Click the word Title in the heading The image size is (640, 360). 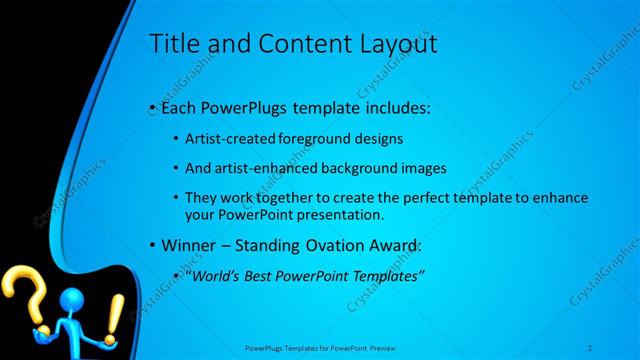pyautogui.click(x=171, y=44)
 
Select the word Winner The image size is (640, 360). pyautogui.click(x=186, y=244)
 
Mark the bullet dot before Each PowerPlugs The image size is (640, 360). pyautogui.click(x=151, y=105)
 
